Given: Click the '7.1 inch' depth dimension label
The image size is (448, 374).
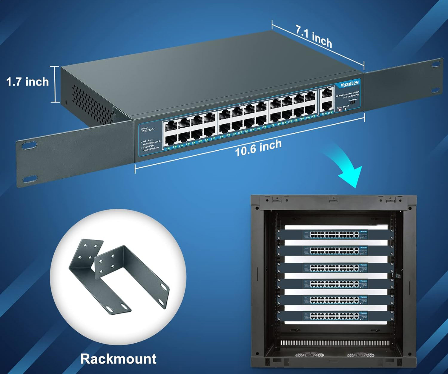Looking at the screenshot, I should click(x=314, y=36).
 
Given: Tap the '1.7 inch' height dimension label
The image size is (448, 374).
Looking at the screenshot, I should click(x=27, y=82).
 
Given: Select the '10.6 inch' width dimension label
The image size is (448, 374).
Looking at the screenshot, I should click(x=258, y=148).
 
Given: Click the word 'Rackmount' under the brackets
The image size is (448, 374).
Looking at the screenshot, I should click(x=118, y=358).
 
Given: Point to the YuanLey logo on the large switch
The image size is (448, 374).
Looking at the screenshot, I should click(x=349, y=84).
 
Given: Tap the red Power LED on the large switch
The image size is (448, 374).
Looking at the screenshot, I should click(x=340, y=110).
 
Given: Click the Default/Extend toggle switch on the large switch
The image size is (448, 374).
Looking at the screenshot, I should click(x=353, y=102).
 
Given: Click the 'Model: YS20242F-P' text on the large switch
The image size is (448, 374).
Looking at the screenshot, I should click(x=148, y=129).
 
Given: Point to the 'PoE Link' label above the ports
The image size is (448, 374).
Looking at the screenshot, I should click(x=243, y=104).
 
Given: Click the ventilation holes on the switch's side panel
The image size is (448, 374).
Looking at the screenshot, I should click(x=91, y=106).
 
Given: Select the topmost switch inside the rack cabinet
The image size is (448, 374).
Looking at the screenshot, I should click(x=336, y=234).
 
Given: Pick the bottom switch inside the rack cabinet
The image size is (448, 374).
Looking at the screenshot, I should click(x=336, y=316).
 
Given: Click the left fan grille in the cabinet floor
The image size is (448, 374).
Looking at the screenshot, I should click(x=310, y=355).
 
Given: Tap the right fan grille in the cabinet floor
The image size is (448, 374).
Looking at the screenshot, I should click(x=361, y=355).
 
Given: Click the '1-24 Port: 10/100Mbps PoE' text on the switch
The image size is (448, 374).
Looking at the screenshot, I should click(x=152, y=140).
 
